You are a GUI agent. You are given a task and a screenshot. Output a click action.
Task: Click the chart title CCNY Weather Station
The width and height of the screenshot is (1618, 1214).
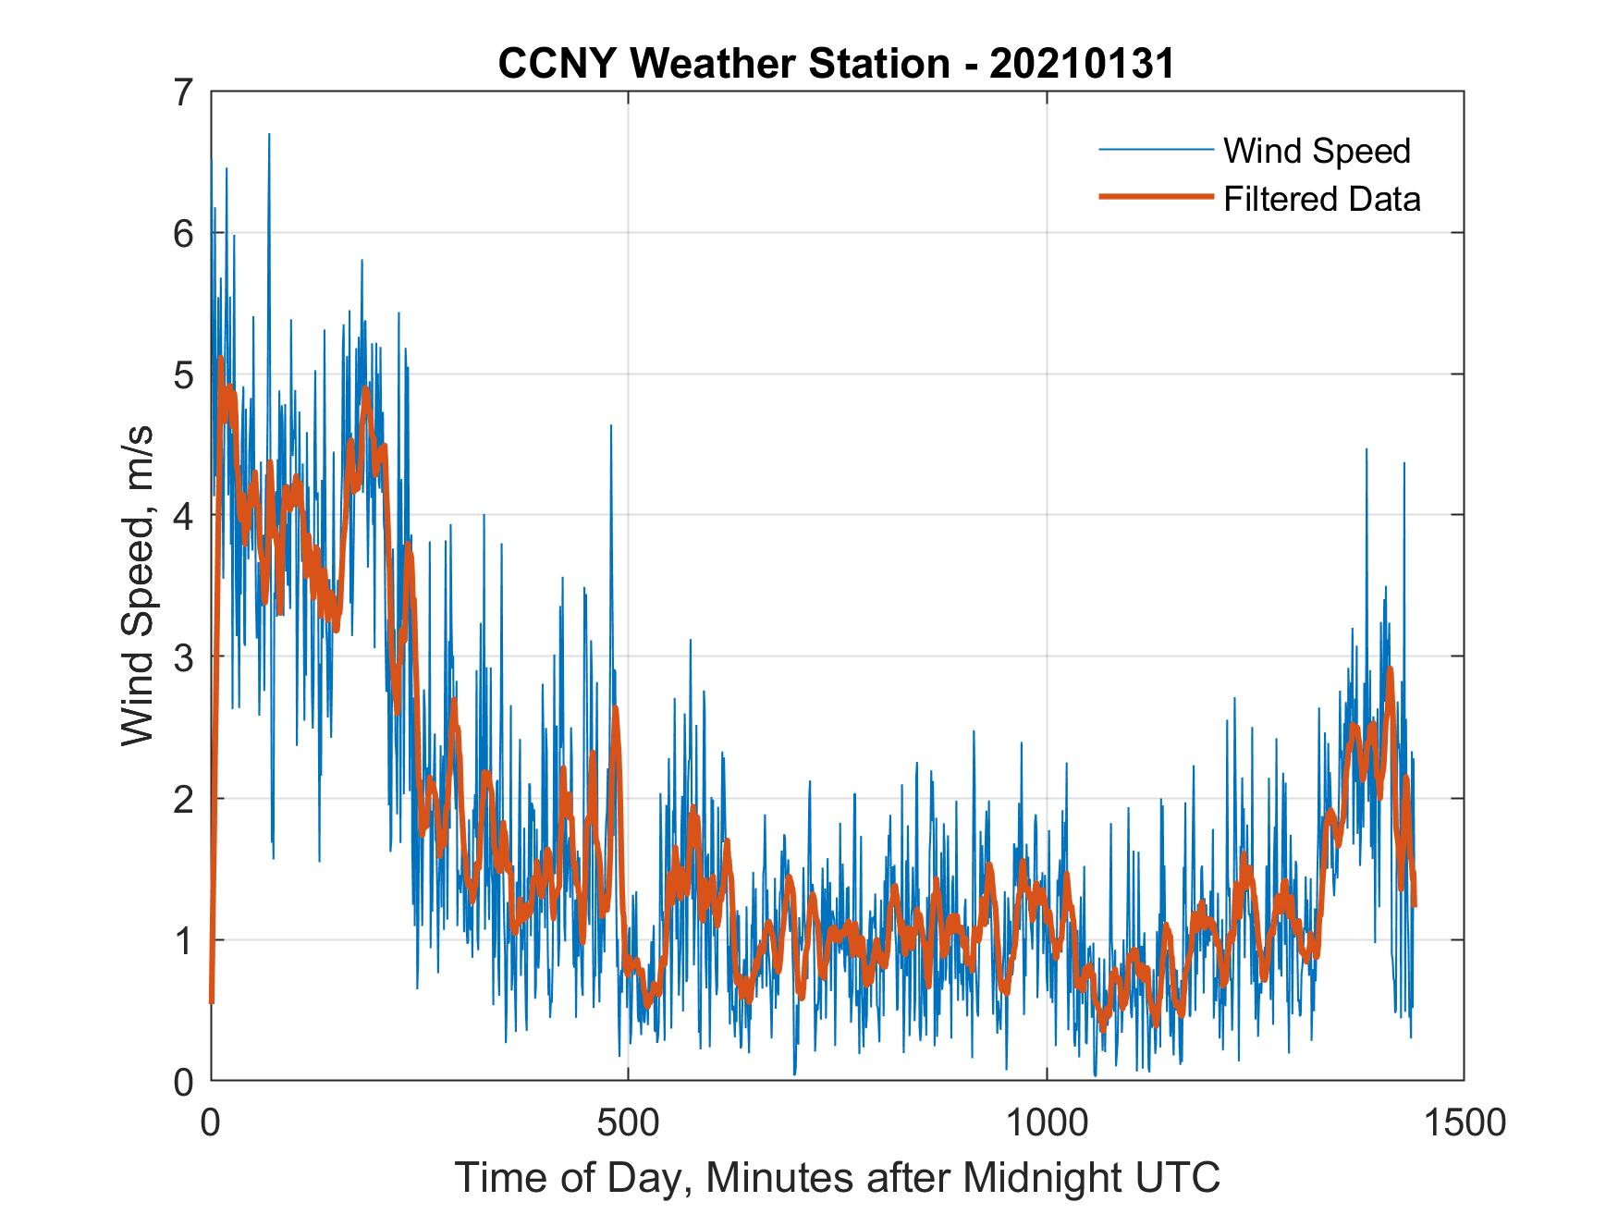[724, 65]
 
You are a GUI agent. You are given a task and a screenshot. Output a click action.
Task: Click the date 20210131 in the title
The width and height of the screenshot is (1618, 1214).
[1082, 65]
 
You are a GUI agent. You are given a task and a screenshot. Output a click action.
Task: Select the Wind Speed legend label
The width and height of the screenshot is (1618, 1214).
[1317, 151]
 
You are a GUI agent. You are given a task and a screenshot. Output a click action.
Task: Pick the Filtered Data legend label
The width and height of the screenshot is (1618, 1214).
[1321, 199]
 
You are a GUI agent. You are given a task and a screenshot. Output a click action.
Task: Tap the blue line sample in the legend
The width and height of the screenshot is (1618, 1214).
[1155, 150]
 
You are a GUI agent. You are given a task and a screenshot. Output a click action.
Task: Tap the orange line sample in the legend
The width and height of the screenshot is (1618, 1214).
[1155, 197]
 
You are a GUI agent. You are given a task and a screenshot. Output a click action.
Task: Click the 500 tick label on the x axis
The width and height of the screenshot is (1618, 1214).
[629, 1122]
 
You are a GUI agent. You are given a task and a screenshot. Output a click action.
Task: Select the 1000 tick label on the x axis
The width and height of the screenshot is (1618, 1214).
[1047, 1122]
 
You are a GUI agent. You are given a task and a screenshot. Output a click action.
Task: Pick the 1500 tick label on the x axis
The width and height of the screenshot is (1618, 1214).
[1464, 1122]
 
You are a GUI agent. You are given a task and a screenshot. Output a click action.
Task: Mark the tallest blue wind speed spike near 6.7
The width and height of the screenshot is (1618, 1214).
[269, 136]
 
